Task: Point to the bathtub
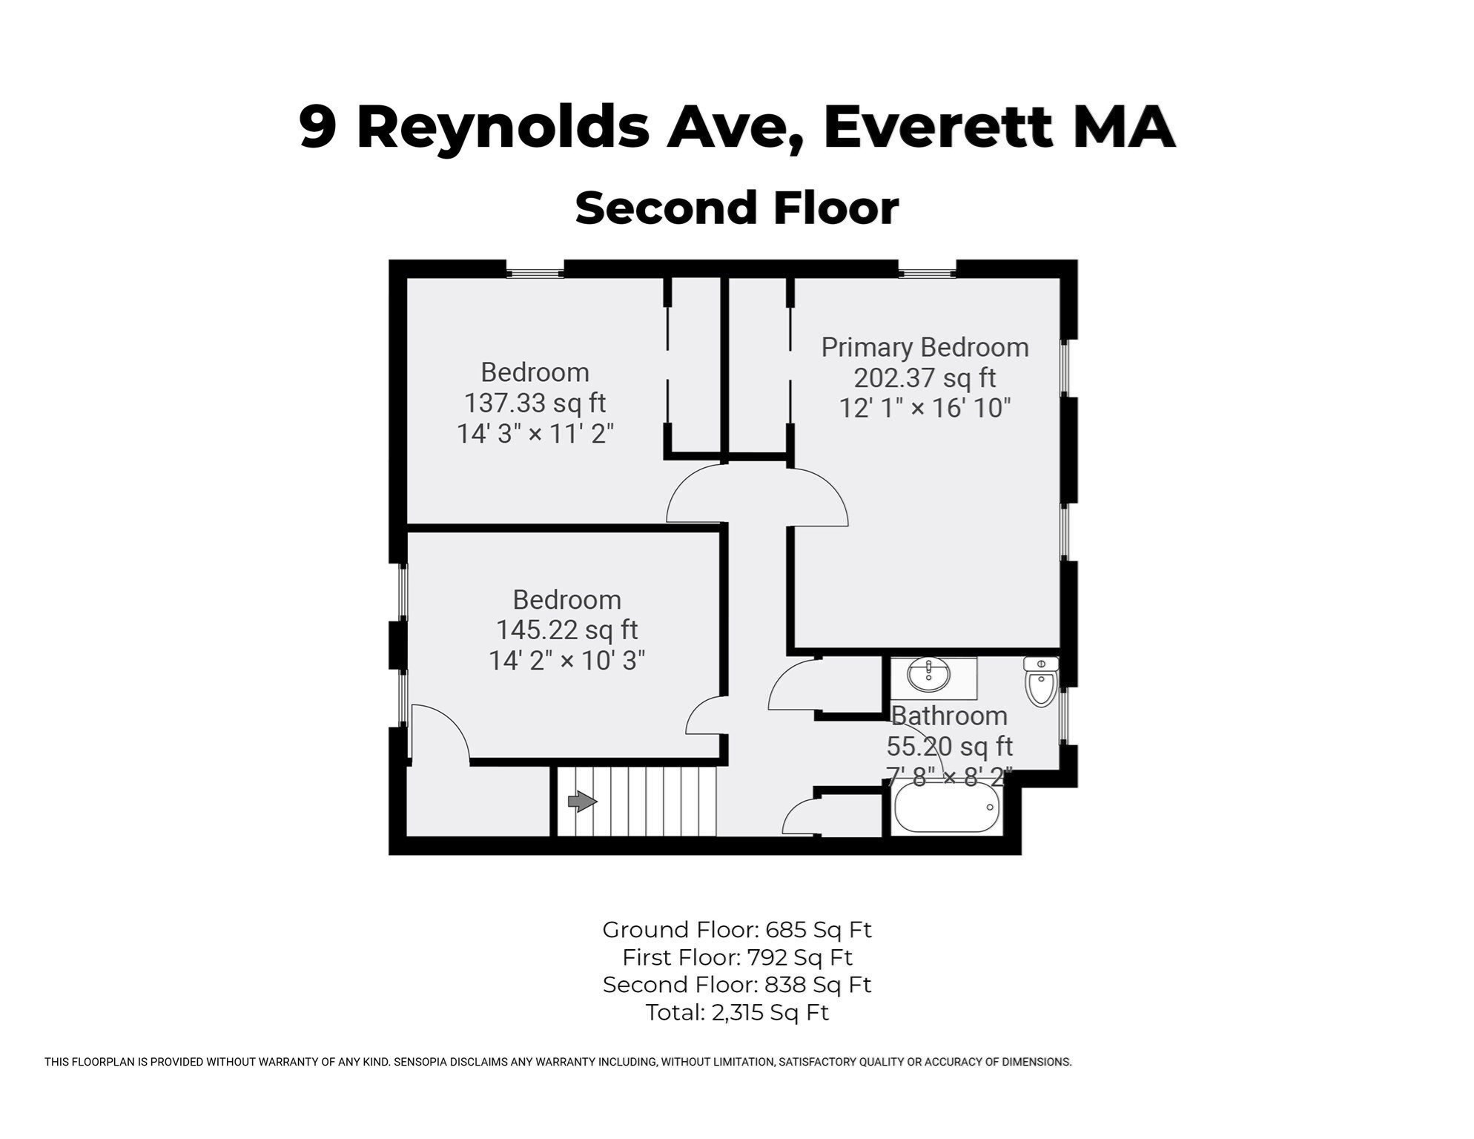point(947,808)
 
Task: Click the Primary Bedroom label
point(925,347)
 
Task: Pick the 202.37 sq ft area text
point(925,378)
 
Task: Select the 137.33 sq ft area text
point(535,403)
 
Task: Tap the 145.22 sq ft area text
point(566,630)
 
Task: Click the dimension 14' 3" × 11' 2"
point(535,434)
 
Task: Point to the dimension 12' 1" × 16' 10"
point(925,409)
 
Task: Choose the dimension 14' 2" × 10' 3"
point(566,661)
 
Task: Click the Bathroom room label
point(949,716)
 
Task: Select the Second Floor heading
point(737,208)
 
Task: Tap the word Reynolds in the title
point(503,128)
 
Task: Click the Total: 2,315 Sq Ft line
point(737,1012)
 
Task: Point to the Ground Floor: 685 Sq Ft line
point(737,930)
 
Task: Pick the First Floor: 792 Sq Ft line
point(737,957)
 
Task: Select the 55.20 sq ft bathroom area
point(949,747)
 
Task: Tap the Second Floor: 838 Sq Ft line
point(737,985)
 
